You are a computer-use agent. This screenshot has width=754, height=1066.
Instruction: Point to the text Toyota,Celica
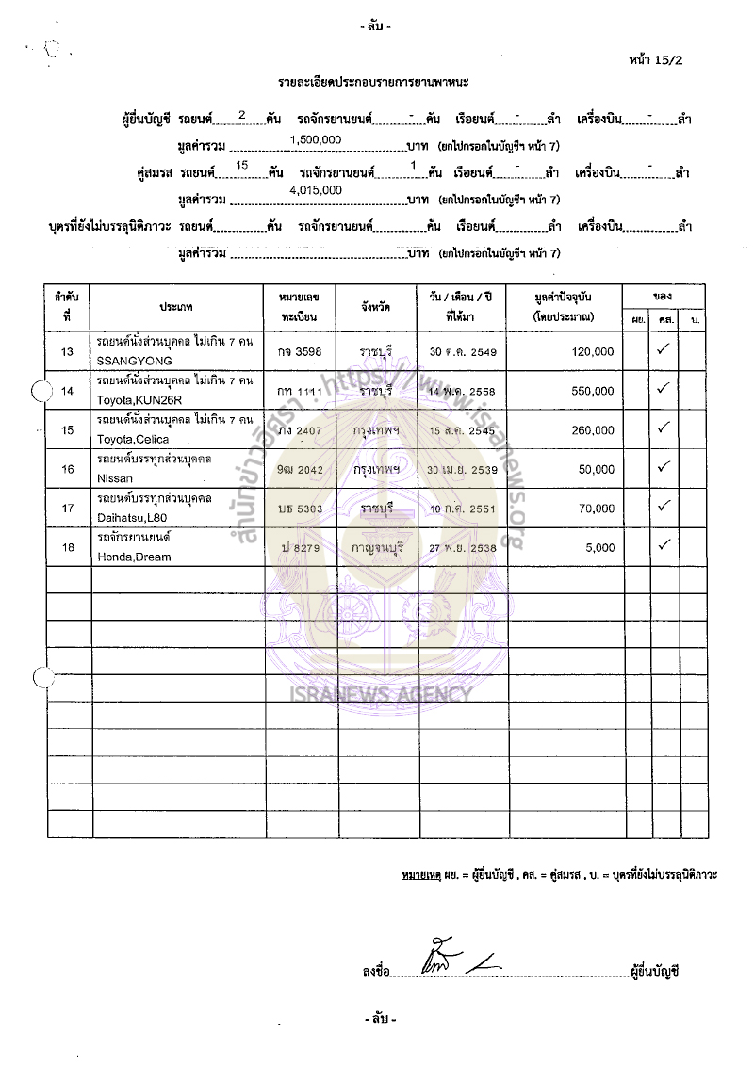tap(129, 439)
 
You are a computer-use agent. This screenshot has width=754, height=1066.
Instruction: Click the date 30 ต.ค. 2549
tap(462, 351)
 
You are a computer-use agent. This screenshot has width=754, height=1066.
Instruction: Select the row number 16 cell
tap(67, 469)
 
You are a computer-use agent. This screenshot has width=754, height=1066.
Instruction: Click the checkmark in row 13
tap(663, 349)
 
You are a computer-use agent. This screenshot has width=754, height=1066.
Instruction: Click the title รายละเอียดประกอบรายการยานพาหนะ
tap(376, 84)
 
